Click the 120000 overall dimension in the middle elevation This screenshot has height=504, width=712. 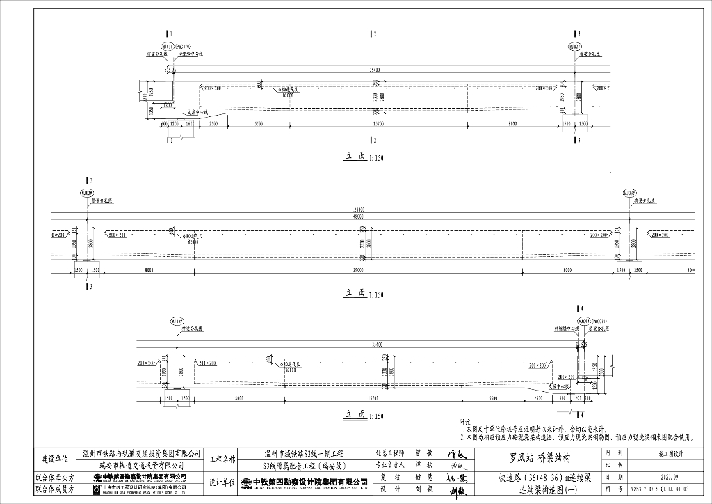(x=358, y=209)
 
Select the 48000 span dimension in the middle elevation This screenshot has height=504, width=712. (x=358, y=216)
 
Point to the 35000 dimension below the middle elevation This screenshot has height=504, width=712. (x=358, y=270)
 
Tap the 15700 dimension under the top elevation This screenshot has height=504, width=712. (x=378, y=123)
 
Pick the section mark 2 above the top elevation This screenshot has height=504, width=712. (x=374, y=33)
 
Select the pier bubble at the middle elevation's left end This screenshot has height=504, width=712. (x=86, y=192)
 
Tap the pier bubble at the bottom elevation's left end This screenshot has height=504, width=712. (x=177, y=322)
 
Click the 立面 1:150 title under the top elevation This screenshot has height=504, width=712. (x=364, y=157)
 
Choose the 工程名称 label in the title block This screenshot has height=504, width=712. (x=222, y=459)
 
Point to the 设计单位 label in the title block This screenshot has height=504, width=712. (x=222, y=483)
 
